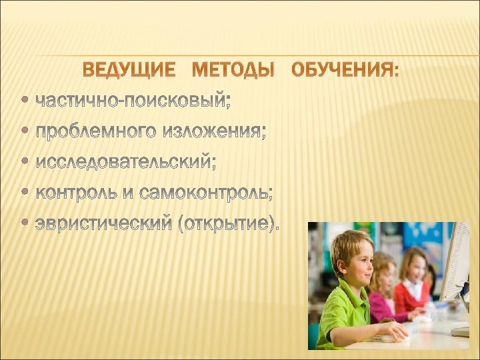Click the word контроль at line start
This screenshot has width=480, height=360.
[x=77, y=193]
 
